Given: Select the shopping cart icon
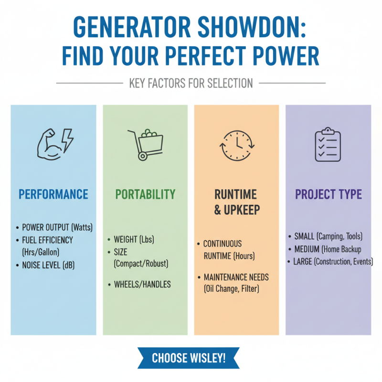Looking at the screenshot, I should [145, 143].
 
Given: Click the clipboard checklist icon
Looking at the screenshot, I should [328, 144].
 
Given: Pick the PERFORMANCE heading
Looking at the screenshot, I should [53, 194].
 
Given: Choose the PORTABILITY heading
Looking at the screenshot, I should [145, 194].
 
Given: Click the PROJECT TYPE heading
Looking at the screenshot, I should [328, 194].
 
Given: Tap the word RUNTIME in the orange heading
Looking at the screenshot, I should [236, 194].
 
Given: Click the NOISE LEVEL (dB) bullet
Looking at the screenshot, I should [48, 265].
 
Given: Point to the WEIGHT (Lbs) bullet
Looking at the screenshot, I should [134, 239].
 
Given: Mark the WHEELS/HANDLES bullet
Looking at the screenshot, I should [142, 284].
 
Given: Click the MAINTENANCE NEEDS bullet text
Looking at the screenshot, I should [236, 277].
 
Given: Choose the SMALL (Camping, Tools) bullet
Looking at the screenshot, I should [328, 236].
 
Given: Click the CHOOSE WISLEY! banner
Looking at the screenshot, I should [189, 358].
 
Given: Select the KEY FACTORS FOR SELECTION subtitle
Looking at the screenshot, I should [191, 83].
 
